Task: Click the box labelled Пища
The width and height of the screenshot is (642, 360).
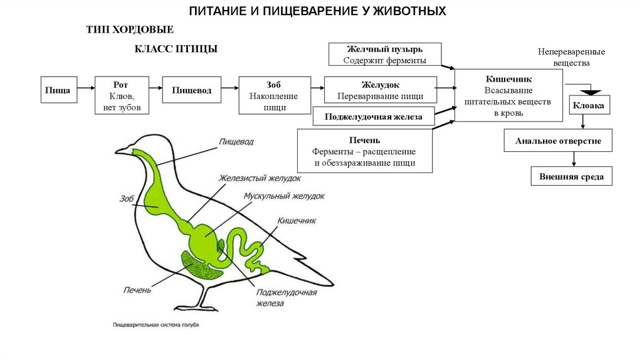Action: coord(59,90)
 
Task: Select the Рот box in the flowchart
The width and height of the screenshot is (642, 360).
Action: coord(122,95)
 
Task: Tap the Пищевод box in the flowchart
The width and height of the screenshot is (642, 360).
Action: coord(192,90)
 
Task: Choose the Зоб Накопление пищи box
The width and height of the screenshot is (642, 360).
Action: coord(275,95)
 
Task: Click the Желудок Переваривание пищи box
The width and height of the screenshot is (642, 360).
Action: coord(380,90)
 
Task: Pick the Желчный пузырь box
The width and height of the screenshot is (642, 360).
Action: coord(385,55)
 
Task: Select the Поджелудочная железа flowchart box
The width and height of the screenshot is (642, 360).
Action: coord(372,117)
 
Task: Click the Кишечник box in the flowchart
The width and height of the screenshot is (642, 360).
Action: coord(508,95)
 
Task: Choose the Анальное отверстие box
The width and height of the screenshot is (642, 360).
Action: coord(558,141)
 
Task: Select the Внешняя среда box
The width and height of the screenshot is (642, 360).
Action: coord(571,176)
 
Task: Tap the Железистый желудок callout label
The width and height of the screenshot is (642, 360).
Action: coord(264,177)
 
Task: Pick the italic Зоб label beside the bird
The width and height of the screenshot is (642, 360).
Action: coord(127,199)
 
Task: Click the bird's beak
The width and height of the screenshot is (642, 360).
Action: coord(122,151)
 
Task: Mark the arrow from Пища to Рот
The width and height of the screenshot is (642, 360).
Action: coord(86,90)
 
